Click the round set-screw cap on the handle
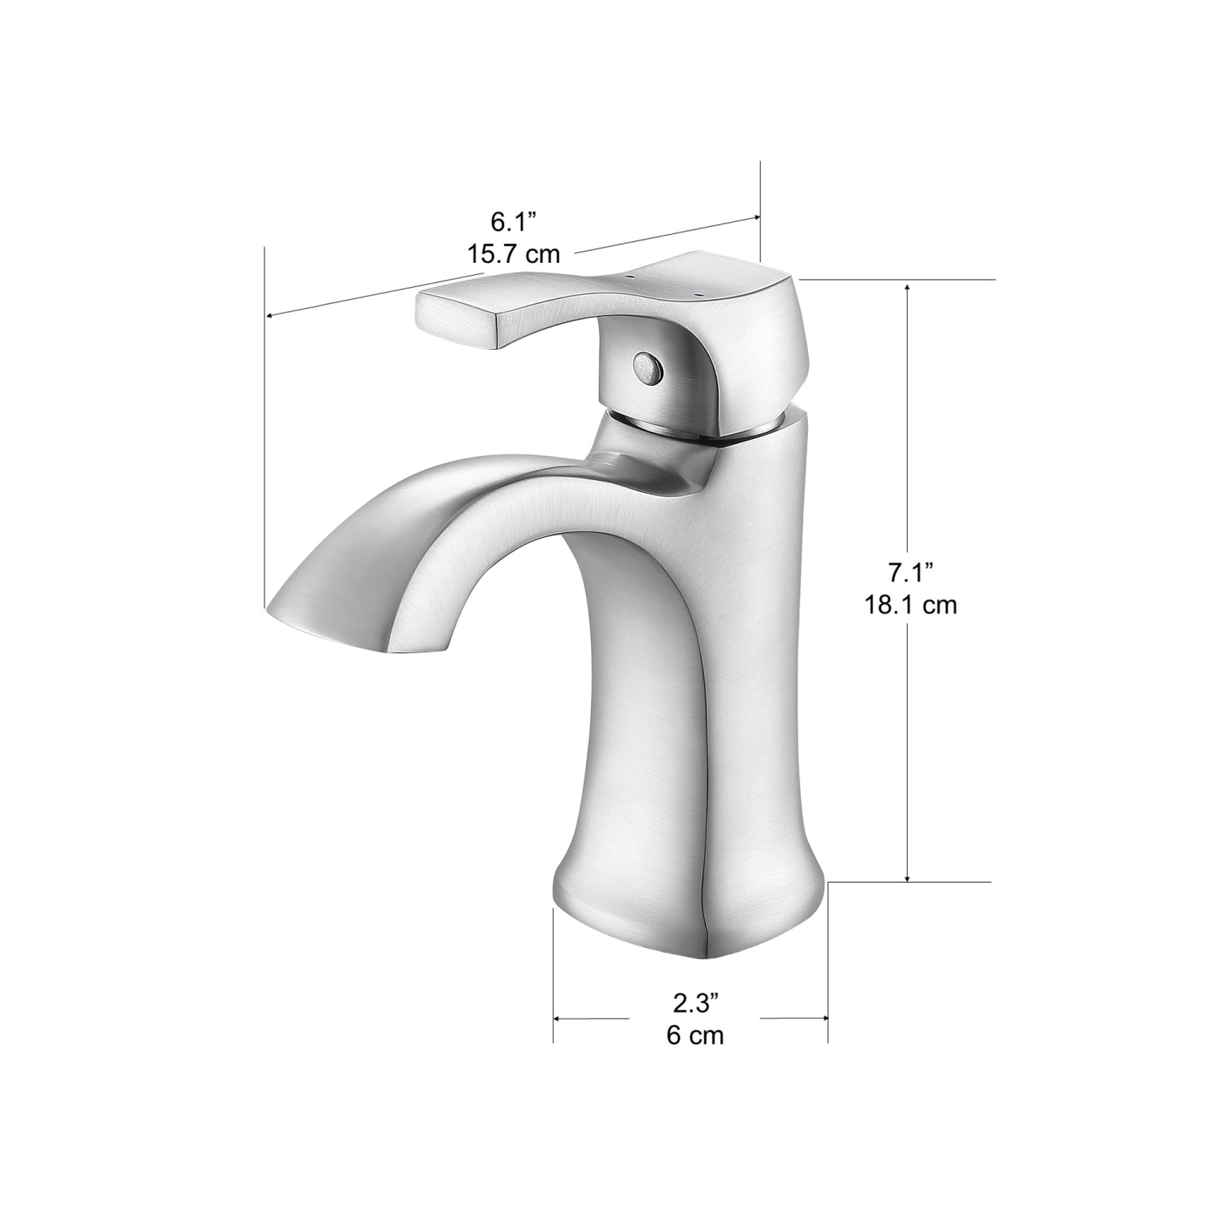pyautogui.click(x=646, y=367)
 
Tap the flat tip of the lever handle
pyautogui.click(x=455, y=319)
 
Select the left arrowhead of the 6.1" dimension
pyautogui.click(x=271, y=316)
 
